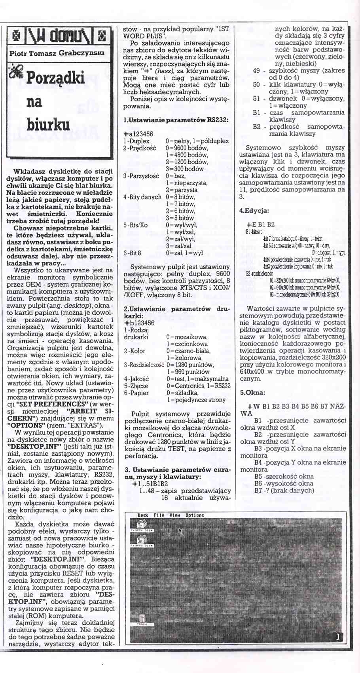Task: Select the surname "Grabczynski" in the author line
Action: coord(76,53)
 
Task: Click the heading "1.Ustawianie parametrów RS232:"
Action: coord(176,120)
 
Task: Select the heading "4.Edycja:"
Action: coord(254,211)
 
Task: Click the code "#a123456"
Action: coord(138,134)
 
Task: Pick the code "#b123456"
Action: coord(139,323)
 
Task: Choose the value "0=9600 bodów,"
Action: coord(187,148)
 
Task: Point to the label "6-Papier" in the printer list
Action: coord(136,393)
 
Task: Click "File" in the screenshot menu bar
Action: coord(159,515)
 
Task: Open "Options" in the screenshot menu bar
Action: coord(195,515)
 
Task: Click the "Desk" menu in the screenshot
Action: coord(143,515)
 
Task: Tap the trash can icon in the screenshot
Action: coord(142,618)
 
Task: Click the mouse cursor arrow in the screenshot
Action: coord(180,531)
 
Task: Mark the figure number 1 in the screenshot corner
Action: coord(337,637)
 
